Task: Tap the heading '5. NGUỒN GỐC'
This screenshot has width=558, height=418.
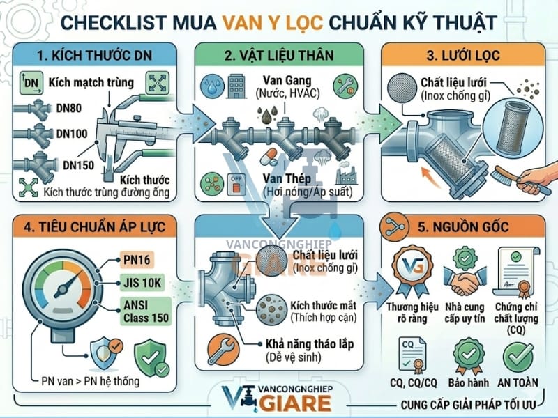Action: click(467, 226)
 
